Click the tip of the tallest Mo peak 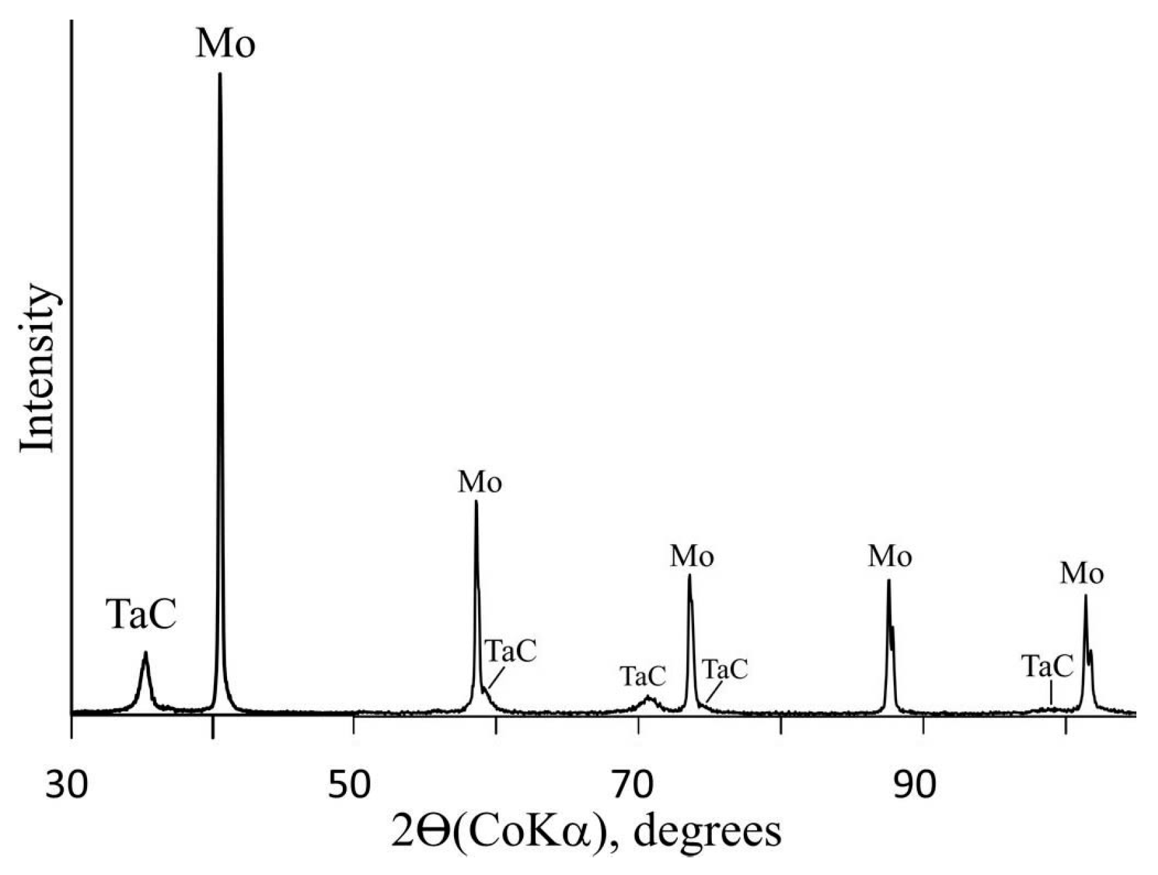220,75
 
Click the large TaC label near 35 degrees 143,615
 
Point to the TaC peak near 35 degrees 145,654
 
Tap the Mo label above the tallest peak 225,44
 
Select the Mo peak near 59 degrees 476,504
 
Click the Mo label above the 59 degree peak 480,483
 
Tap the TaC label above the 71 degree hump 642,676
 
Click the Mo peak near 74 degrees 690,577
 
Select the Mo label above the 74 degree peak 692,557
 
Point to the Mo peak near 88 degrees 888,582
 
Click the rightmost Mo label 1081,574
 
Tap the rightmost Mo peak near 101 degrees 1085,596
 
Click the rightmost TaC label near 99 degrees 1047,666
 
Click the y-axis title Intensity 37,368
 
